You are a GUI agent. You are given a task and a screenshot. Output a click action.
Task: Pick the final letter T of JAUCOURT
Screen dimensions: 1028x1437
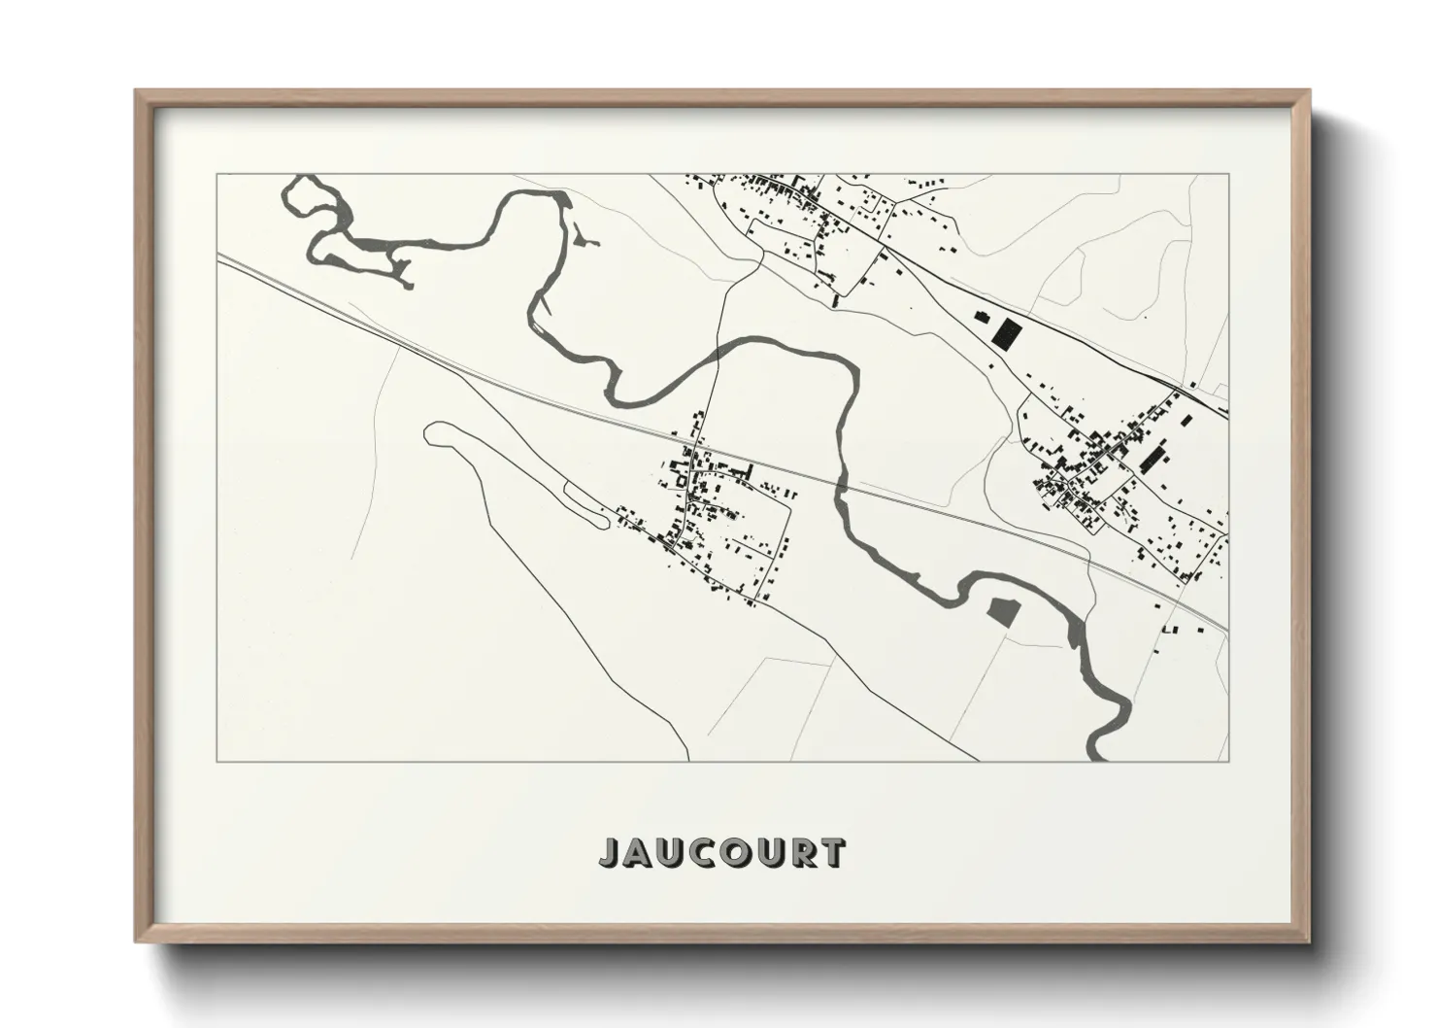[x=831, y=853]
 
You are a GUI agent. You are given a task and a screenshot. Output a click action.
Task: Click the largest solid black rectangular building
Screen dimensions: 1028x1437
[x=1008, y=333]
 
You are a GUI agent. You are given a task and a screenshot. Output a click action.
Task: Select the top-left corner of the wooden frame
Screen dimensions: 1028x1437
[x=138, y=93]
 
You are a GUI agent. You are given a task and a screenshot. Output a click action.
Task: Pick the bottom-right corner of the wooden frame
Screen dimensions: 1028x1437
[x=1307, y=940]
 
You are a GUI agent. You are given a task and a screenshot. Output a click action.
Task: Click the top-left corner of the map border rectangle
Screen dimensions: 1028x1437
[x=217, y=175]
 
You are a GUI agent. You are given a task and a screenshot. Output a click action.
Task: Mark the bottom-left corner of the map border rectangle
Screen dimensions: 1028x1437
[x=217, y=761]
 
